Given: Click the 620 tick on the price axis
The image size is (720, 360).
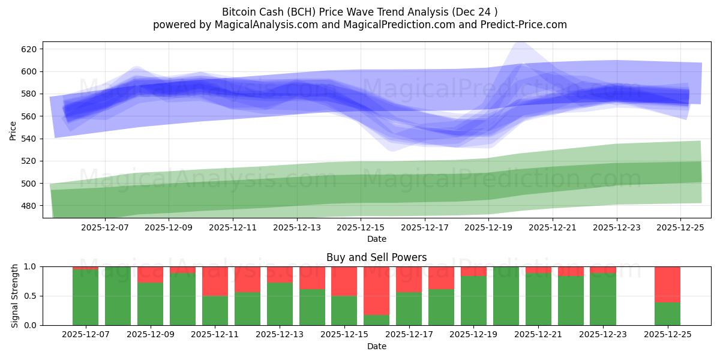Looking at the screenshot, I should coord(29,49).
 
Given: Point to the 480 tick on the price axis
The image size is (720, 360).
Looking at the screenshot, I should coord(29,206).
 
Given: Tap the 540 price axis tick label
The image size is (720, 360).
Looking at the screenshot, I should coord(29,139).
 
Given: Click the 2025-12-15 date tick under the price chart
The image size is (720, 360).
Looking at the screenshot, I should coord(361,227).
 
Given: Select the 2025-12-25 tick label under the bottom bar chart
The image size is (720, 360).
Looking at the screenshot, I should coord(667,335).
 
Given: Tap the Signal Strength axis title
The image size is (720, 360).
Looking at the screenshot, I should coord(15,296).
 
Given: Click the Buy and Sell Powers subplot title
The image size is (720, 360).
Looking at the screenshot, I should coord(376,257).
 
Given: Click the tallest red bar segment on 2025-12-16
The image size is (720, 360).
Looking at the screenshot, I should coord(376,290).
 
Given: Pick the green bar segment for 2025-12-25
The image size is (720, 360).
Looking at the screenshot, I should coord(667,314).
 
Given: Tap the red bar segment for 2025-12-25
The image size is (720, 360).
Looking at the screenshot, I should coord(667,284).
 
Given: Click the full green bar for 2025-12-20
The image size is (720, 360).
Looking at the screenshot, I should coord(506,296).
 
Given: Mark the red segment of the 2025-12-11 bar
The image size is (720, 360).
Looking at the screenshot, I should coord(215,281).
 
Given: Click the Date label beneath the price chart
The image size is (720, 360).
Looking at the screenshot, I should coord(376,239).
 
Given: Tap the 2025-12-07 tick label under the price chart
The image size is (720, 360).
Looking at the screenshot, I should coord(104,227).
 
